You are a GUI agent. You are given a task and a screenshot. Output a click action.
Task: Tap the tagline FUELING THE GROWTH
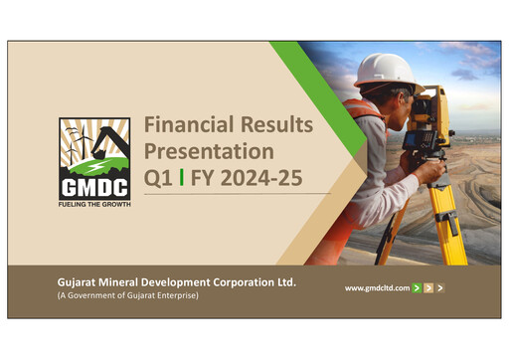point(94,204)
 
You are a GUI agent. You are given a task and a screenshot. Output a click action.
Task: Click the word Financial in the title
point(188,126)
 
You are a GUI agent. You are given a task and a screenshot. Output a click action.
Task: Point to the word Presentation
point(209,152)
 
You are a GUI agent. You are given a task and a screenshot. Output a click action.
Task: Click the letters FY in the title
point(205,179)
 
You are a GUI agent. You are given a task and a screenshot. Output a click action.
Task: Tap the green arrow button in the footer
point(417,287)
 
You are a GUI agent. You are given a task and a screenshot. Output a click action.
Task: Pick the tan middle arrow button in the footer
point(428,287)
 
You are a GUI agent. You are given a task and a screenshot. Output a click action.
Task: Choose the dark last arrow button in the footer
point(440,287)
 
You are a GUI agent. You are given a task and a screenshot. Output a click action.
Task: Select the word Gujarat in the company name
point(81,282)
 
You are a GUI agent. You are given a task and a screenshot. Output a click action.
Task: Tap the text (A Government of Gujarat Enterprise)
point(126,296)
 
